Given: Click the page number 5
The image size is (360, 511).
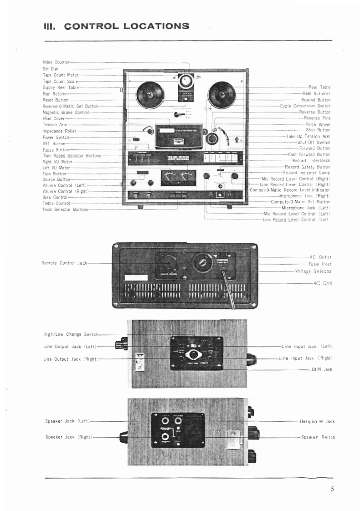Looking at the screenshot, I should point(333,489).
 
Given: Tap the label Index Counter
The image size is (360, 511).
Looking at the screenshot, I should point(56,62).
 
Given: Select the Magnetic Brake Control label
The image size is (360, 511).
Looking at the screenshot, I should point(65,112).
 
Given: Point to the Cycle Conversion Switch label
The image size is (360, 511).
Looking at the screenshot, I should point(305,106).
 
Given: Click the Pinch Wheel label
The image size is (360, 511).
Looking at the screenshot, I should point(318,124).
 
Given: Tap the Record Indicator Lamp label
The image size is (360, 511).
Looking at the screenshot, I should point(306,173).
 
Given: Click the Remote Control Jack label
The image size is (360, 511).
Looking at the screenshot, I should point(64,263).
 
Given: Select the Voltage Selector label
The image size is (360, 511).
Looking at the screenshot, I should point(313,271).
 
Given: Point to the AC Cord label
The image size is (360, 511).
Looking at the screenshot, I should point(322,283).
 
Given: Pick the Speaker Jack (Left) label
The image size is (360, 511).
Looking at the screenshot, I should point(67,421).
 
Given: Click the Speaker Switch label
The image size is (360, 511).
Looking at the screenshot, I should point(318,437).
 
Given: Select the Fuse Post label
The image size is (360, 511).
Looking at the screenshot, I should point(320,264).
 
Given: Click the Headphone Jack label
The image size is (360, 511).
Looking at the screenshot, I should point(317,422).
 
